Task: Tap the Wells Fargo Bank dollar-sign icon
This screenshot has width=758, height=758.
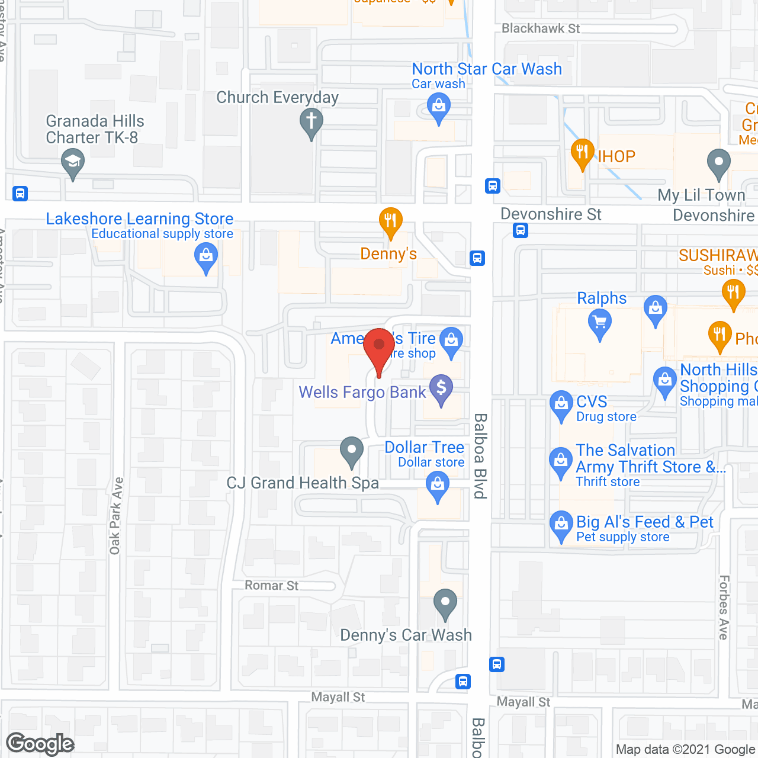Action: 441,388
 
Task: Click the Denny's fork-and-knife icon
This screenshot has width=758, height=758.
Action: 390,222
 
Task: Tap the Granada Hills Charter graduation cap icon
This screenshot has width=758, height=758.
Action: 73,162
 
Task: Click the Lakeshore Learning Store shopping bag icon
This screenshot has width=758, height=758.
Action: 206,258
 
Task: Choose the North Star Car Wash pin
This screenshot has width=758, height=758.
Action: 439,108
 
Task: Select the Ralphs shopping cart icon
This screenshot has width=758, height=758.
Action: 600,323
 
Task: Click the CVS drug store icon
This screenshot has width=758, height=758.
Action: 560,404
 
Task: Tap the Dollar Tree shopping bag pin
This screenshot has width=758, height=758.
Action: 438,487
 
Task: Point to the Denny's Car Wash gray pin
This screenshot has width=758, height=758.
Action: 445,603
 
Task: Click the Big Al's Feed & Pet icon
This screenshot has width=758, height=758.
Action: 560,525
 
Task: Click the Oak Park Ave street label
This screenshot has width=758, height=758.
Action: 116,516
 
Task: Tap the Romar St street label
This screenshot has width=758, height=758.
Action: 272,585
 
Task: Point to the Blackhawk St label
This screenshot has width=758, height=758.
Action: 541,28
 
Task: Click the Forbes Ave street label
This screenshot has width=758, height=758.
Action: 724,607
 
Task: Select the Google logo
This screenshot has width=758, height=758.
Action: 40,744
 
